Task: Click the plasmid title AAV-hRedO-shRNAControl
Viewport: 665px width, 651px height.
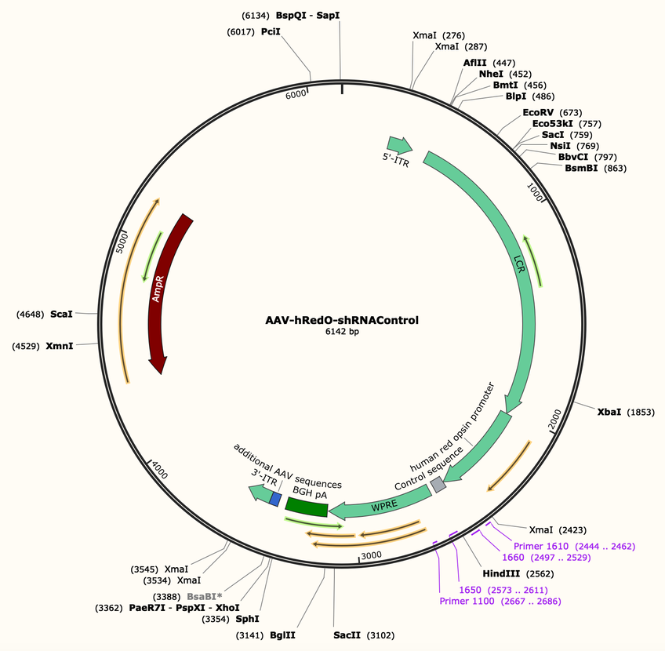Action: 342,320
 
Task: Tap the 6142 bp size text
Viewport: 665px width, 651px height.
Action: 342,332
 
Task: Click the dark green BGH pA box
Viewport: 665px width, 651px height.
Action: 307,507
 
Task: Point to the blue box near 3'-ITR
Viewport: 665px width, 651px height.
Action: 276,499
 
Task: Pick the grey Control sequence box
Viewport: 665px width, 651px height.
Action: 438,485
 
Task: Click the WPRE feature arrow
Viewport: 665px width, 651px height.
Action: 382,504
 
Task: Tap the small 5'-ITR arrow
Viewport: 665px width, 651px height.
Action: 399,145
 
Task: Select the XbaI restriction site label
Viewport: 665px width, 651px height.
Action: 609,412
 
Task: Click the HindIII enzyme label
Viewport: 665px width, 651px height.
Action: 501,574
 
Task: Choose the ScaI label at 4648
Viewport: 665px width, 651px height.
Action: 61,315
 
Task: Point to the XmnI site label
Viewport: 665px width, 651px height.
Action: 60,346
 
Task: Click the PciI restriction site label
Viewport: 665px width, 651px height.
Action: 271,32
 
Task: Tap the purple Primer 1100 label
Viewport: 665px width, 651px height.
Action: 467,601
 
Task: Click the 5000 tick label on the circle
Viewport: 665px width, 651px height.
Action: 122,242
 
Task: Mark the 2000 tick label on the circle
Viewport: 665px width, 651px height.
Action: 554,420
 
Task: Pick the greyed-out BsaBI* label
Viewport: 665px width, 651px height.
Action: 205,597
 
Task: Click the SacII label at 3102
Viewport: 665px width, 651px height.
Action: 347,635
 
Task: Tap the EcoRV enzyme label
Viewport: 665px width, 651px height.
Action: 538,112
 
